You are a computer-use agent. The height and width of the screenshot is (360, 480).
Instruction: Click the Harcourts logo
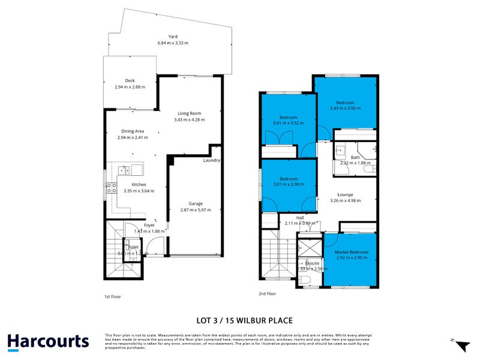coord(48,342)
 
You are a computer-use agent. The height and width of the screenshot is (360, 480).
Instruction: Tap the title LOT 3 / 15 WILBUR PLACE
coord(245,320)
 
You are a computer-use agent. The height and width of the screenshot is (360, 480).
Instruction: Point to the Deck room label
coord(130,80)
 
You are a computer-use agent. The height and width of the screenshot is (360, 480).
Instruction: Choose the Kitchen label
coord(139,184)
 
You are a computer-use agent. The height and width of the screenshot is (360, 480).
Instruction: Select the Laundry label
coord(212,160)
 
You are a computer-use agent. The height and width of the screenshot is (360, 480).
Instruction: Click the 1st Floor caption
coord(112,296)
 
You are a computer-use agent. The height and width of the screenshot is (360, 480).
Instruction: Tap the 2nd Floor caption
coord(267,293)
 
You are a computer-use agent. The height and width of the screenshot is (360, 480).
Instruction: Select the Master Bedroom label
coord(351,252)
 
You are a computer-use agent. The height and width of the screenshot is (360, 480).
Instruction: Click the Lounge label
coord(345,194)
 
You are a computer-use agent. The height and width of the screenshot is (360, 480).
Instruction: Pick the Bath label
coord(355,157)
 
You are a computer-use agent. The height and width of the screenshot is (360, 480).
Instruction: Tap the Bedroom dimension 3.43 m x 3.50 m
coord(345,108)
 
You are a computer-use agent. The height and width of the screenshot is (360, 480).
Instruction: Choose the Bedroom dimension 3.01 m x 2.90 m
coord(289,185)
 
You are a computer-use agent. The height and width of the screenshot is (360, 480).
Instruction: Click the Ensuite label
coord(312,263)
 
